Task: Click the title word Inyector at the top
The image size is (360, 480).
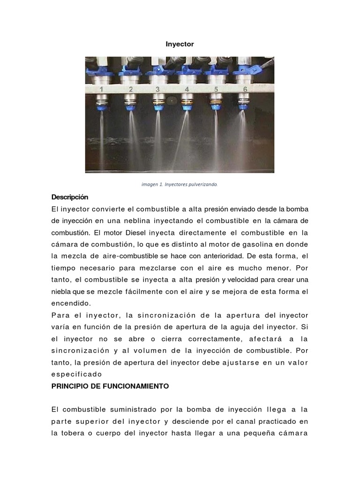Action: [x=180, y=44]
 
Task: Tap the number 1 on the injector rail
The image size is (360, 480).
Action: [x=101, y=89]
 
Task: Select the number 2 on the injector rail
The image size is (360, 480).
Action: [x=130, y=89]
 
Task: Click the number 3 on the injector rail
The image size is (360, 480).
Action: [x=157, y=89]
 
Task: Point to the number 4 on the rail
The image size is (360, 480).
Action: [x=187, y=89]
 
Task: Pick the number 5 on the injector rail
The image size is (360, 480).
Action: [x=216, y=89]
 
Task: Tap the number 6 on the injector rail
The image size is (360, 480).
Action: [x=245, y=89]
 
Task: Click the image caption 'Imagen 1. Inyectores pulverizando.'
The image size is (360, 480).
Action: [x=180, y=185]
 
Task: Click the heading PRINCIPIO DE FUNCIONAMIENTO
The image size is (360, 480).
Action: [x=110, y=386]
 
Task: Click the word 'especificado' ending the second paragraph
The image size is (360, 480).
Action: [x=76, y=374]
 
